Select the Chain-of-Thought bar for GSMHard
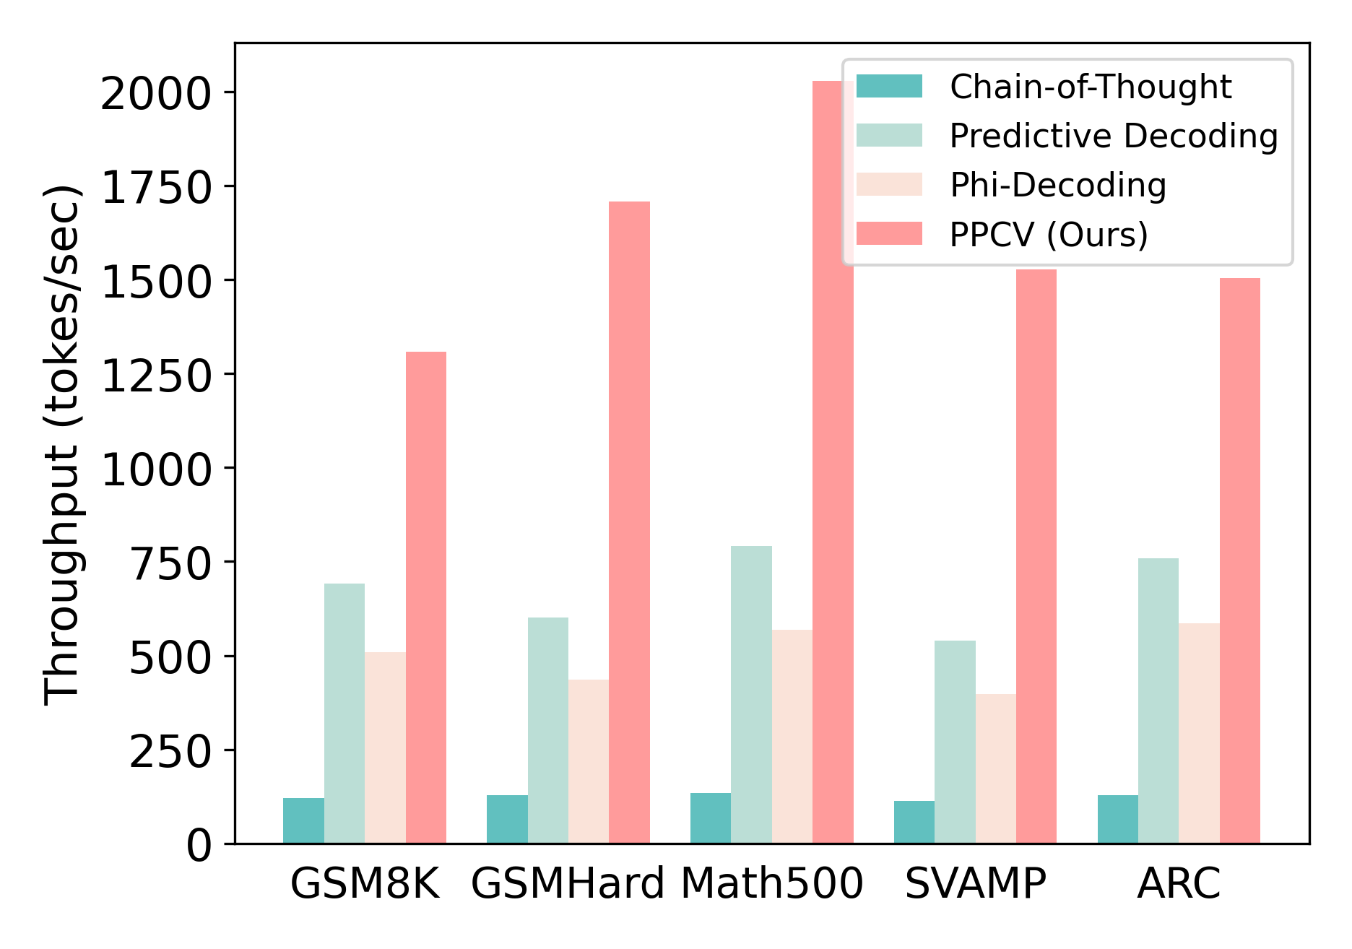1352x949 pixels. tap(507, 819)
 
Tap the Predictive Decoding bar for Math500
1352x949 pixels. tap(751, 694)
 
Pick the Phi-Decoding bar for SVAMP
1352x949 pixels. tap(995, 768)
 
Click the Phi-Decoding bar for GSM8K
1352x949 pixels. tap(385, 747)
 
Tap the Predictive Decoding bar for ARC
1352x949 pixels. tap(1158, 701)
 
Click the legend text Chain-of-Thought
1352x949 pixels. tap(1091, 87)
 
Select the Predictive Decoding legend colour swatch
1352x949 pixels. tap(889, 135)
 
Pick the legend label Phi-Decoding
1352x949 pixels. tap(1058, 185)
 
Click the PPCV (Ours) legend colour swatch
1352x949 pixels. tap(889, 233)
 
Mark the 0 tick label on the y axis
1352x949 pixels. tap(199, 844)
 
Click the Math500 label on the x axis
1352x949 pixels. tap(771, 883)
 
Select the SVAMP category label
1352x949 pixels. tap(975, 883)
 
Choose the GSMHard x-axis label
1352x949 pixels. tap(568, 883)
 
